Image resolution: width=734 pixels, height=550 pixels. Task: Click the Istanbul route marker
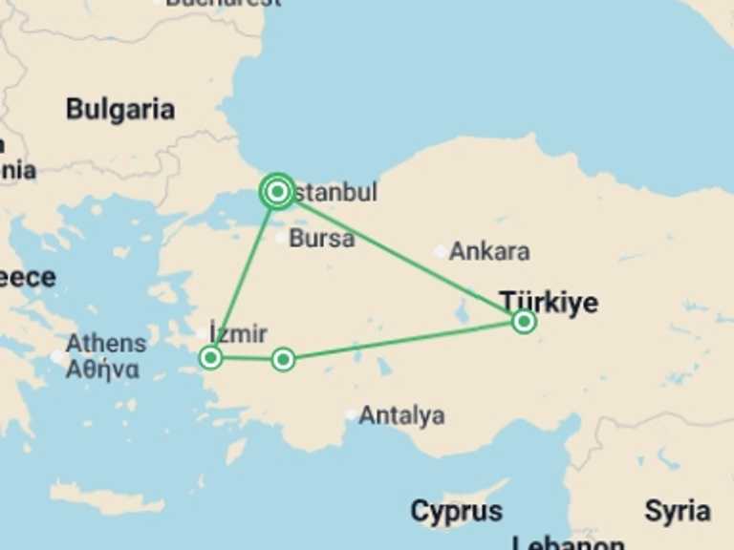tap(277, 192)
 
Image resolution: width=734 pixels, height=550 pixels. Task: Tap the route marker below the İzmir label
tap(211, 358)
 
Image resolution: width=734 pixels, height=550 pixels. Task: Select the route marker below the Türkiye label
tap(523, 322)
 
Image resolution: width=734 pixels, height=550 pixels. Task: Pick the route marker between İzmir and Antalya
tap(283, 360)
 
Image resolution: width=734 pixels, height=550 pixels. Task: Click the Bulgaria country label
tap(120, 110)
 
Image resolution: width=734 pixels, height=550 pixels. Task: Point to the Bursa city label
tap(321, 238)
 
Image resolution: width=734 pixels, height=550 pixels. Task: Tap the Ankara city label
tap(489, 252)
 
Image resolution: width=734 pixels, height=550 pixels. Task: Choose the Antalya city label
tap(401, 415)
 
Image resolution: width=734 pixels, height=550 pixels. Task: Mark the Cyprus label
tap(456, 512)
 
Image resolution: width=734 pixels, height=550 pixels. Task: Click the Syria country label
tap(677, 511)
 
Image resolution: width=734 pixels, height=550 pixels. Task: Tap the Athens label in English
tap(106, 344)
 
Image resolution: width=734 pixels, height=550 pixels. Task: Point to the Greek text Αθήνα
tap(102, 369)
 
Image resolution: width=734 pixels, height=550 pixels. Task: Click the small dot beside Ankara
tap(440, 252)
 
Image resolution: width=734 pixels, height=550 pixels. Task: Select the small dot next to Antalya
tap(352, 415)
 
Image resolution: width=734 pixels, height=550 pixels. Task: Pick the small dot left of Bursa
tap(280, 238)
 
